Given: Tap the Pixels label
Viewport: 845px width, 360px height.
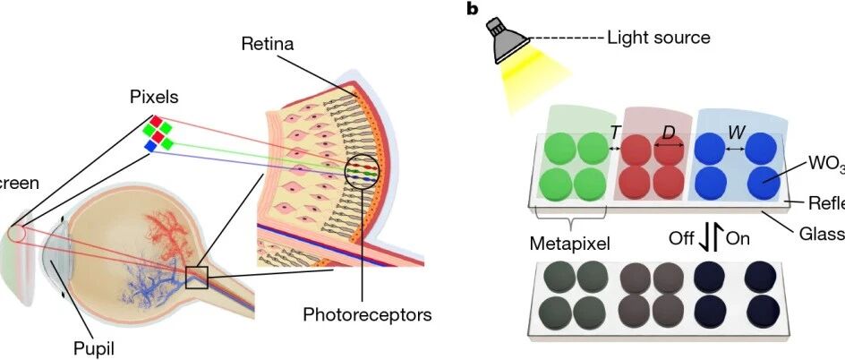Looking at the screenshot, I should click(151, 95).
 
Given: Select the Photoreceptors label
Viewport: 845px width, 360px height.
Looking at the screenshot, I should click(367, 314).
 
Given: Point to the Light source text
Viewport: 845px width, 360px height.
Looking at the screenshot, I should click(658, 38).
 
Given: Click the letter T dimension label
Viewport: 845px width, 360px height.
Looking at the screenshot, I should click(615, 132).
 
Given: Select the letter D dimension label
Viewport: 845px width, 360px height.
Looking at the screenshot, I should click(668, 132).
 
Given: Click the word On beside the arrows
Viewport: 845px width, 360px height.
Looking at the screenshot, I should click(738, 239).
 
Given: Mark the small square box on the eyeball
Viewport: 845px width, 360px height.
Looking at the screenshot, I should click(196, 278).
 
